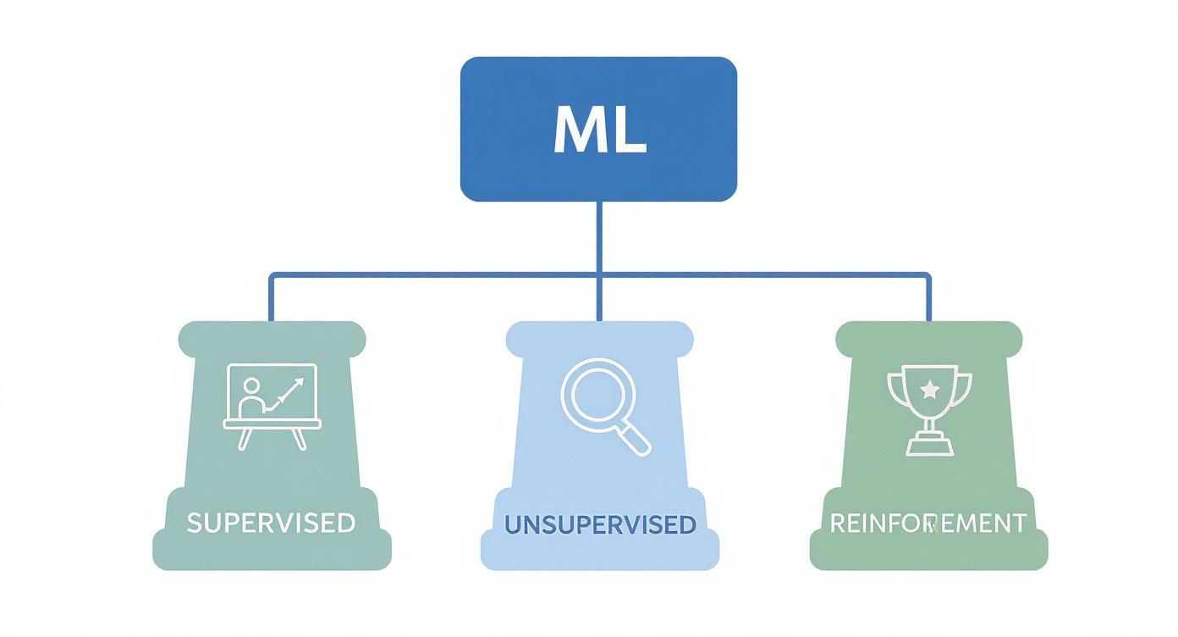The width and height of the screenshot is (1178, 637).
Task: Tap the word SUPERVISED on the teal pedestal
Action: point(271,523)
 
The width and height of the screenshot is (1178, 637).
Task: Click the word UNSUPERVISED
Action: point(600,524)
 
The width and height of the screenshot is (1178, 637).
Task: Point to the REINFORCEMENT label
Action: point(928,523)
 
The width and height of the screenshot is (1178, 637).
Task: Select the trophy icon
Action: point(929,409)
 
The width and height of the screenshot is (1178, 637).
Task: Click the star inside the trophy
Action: point(929,390)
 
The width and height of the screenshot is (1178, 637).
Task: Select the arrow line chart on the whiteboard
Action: point(287,394)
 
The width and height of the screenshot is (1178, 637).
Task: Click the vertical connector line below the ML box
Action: point(599,237)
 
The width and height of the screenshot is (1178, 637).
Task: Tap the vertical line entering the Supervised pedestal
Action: point(271,298)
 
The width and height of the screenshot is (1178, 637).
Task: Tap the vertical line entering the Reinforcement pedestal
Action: point(928,298)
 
